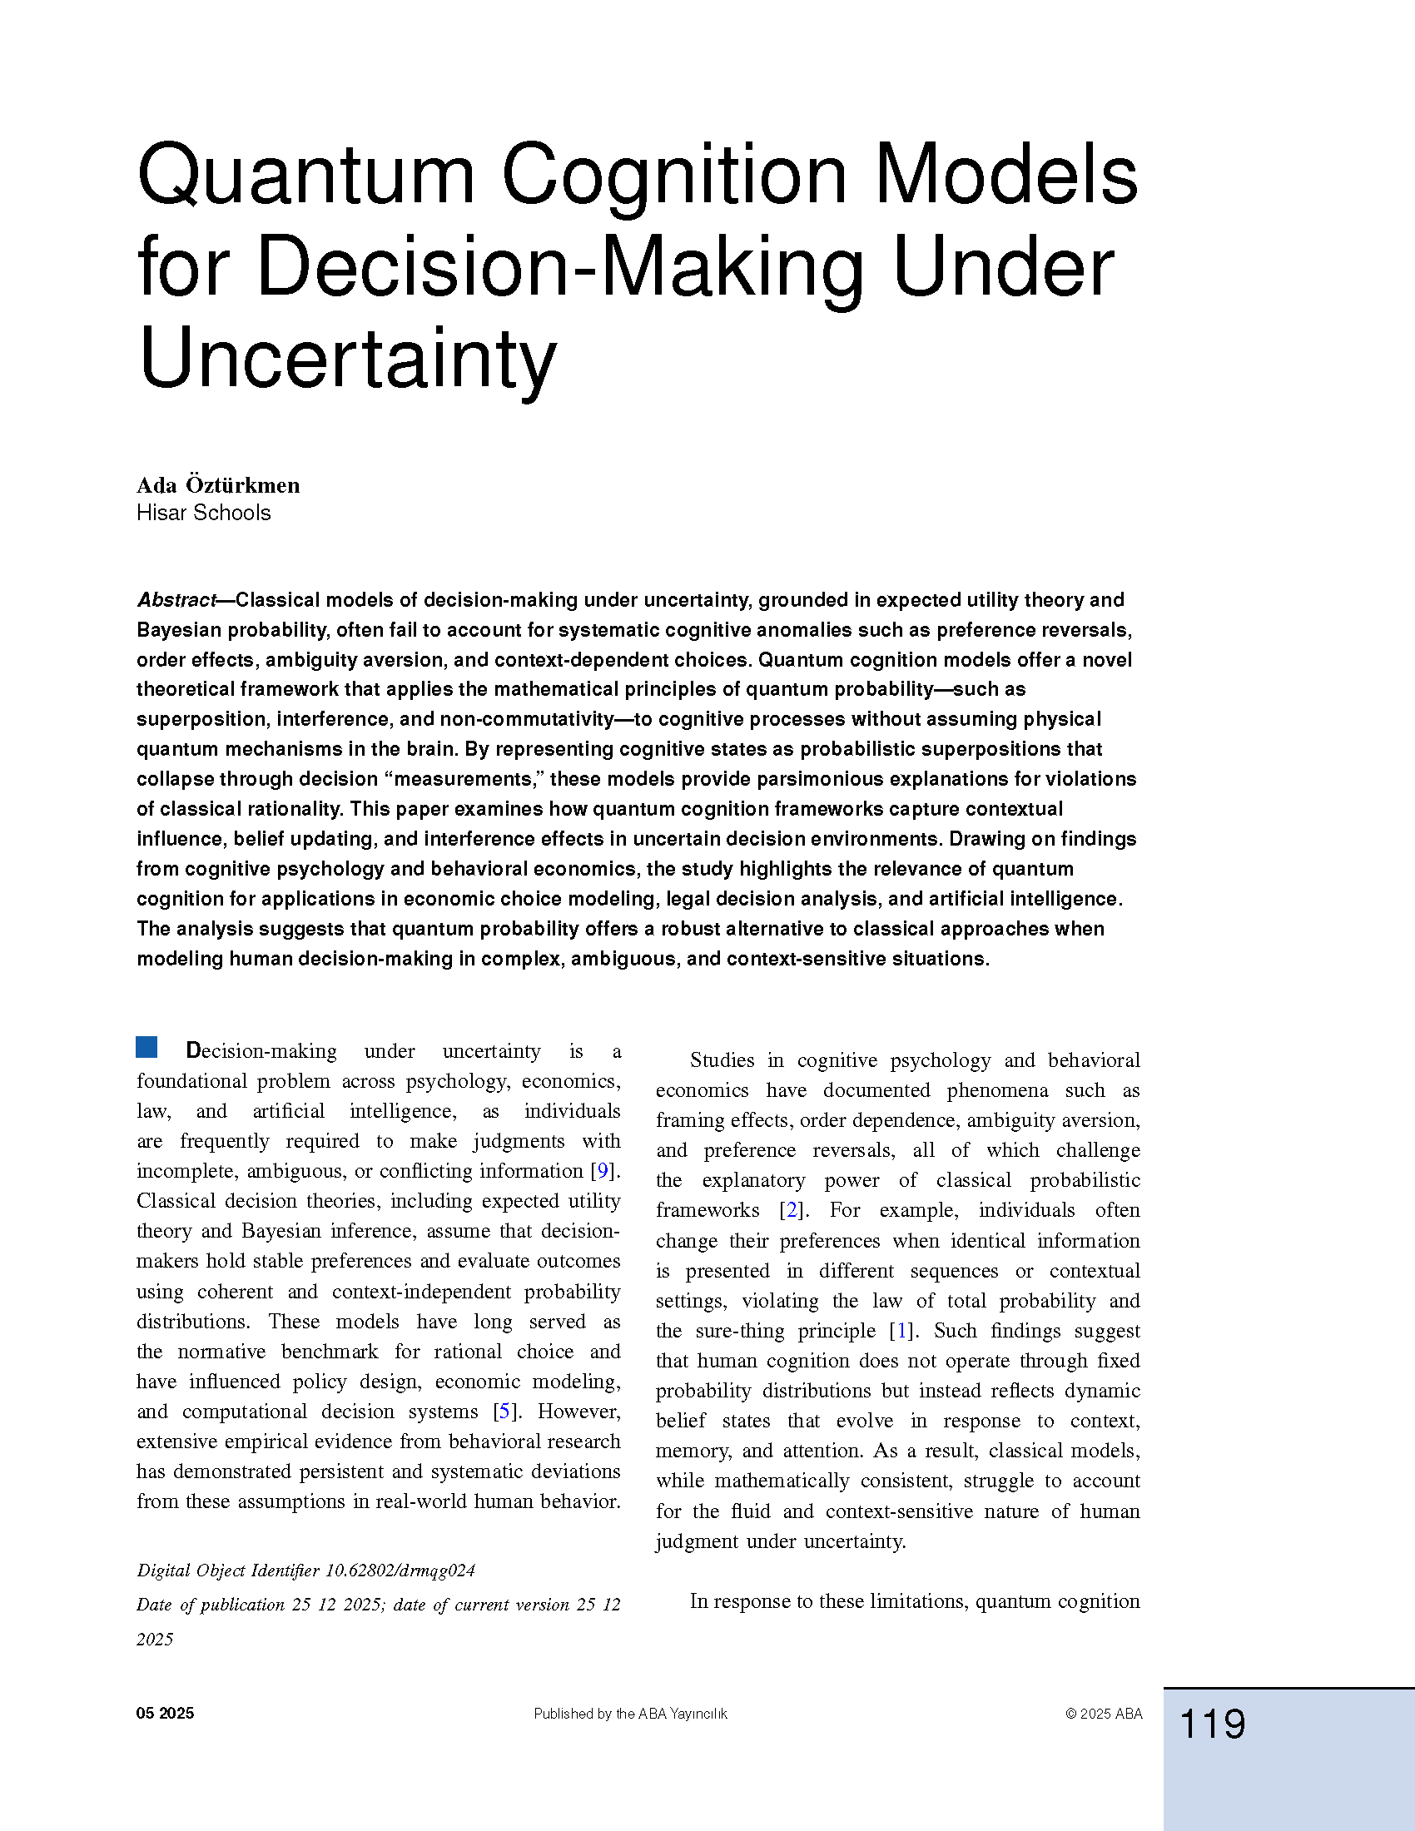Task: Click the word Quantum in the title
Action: tap(306, 176)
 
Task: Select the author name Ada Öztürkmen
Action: tap(218, 485)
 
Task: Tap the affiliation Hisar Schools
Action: tap(204, 513)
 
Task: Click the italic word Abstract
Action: tap(176, 600)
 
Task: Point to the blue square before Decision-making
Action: tap(146, 1047)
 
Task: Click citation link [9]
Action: tap(603, 1170)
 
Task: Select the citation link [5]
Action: tap(504, 1411)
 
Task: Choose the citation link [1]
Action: tap(901, 1331)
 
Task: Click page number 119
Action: tap(1212, 1724)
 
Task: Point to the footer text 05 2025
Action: tap(165, 1714)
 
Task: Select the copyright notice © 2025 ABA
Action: tap(1104, 1714)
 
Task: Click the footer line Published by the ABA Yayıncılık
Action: tap(630, 1714)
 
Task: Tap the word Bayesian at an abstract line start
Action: tap(180, 631)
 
